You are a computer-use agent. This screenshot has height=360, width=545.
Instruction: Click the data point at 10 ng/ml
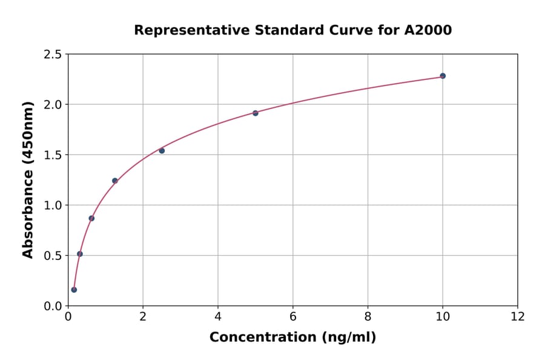(x=443, y=76)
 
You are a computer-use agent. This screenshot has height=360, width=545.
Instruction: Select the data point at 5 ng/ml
(x=256, y=113)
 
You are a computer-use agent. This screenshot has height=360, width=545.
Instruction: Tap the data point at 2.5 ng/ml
(x=162, y=150)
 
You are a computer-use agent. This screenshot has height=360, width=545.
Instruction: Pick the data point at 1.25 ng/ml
(x=115, y=181)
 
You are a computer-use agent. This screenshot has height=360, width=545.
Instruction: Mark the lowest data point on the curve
(x=74, y=290)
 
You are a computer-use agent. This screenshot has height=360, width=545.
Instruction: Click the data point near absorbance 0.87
(x=91, y=218)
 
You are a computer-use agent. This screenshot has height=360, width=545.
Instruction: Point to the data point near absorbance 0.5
(x=80, y=254)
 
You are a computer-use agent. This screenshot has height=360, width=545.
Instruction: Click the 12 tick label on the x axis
(x=518, y=316)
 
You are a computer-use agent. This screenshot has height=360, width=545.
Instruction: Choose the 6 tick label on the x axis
(x=293, y=316)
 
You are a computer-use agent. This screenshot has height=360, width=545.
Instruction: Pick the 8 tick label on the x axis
(x=368, y=316)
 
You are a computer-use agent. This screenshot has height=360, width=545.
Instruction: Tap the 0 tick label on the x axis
(x=68, y=316)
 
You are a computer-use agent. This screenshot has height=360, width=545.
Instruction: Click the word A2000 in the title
(x=428, y=30)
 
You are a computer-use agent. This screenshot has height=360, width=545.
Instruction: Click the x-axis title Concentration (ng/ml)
(x=293, y=337)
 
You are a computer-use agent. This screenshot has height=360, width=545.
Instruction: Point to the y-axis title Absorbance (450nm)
(x=28, y=180)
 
